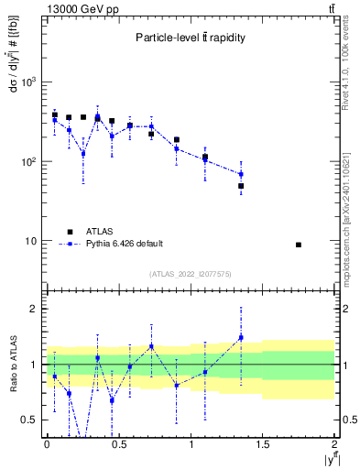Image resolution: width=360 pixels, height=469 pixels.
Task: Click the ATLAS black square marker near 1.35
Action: [x=241, y=186]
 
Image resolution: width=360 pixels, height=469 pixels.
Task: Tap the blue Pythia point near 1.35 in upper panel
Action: [x=241, y=174]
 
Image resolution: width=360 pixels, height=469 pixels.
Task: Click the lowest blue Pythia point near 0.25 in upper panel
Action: [x=83, y=153]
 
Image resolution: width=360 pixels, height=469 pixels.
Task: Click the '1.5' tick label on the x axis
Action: [x=263, y=443]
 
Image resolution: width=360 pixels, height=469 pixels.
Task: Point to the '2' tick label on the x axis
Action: [x=334, y=443]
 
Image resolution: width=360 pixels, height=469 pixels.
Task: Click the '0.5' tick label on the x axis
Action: [x=118, y=443]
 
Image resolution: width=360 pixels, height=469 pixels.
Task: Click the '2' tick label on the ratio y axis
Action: [x=34, y=309]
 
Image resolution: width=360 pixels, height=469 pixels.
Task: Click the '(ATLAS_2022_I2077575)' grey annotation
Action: [x=191, y=274]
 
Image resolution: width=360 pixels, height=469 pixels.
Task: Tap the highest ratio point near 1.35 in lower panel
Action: [x=241, y=338]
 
